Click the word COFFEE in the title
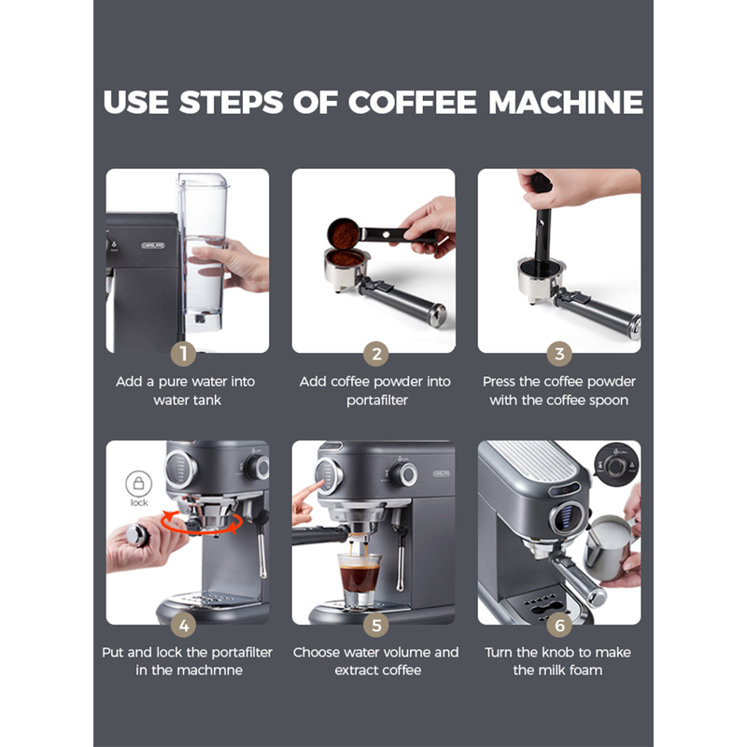pos(413,102)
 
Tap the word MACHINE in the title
pos(566,102)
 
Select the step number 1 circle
pos(183,354)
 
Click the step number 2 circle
pos(376,354)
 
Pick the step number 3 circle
pos(559,354)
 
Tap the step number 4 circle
pos(184,625)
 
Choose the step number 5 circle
pos(376,625)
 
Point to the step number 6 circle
pos(559,625)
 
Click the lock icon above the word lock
pos(138,484)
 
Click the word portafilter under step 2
pos(377,401)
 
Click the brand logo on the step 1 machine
pos(153,246)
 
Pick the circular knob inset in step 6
pos(616,465)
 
